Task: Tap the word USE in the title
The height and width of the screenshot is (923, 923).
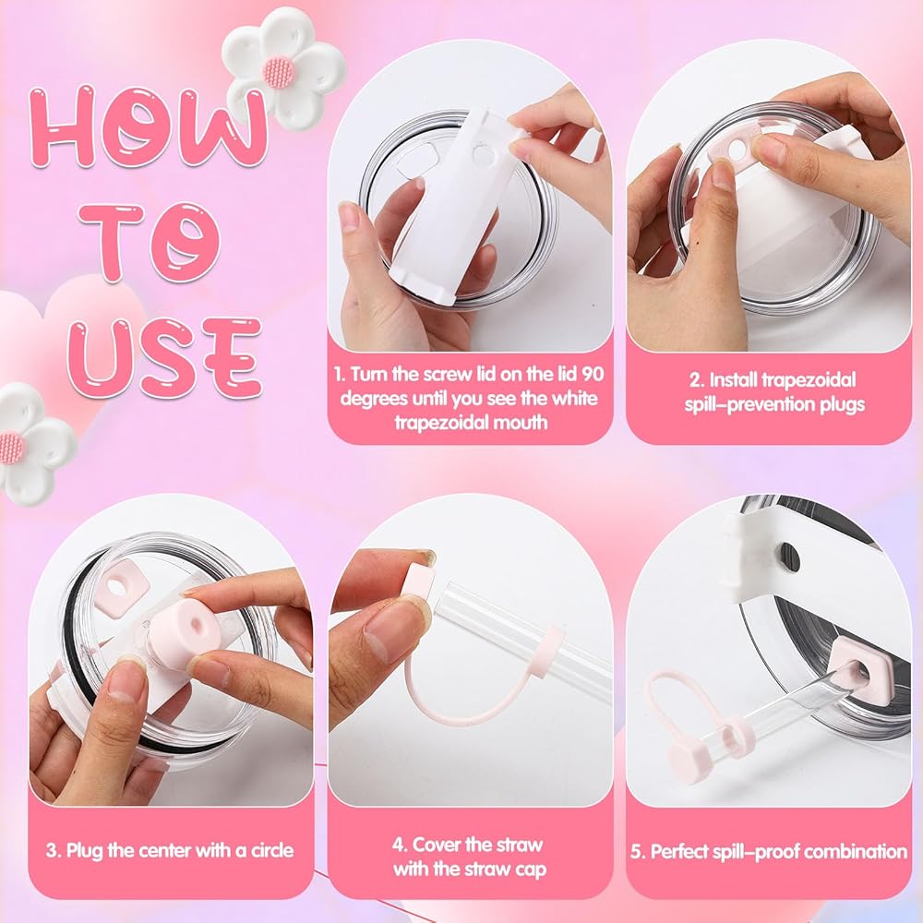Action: point(165,358)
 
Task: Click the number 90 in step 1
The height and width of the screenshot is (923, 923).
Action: point(593,374)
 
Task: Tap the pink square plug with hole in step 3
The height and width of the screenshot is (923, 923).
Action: point(122,586)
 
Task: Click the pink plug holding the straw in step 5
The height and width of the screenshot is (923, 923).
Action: point(858,671)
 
